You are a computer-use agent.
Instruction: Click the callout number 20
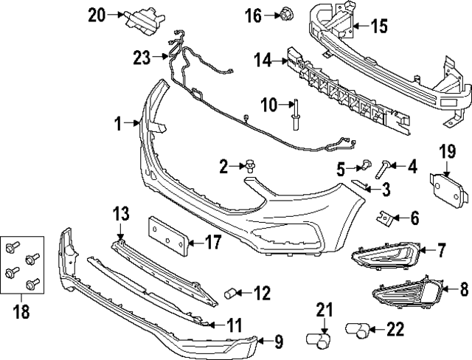(96, 13)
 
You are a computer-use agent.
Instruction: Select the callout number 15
(378, 27)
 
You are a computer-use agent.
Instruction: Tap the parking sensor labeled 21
(319, 338)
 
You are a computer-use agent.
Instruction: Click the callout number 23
(141, 56)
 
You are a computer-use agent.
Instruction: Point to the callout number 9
(278, 341)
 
